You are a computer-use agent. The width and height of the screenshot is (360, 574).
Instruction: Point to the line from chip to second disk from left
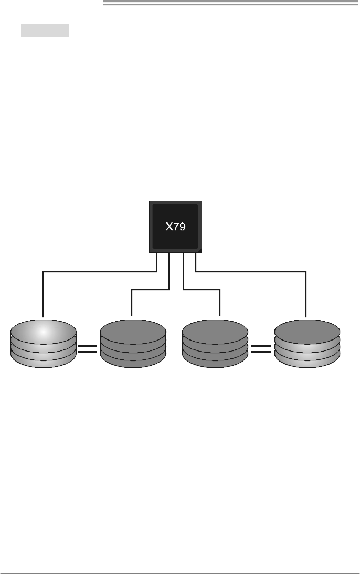[150, 288]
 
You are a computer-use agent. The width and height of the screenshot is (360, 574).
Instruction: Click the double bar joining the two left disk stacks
[88, 349]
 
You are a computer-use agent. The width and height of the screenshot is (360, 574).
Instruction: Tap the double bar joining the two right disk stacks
[262, 349]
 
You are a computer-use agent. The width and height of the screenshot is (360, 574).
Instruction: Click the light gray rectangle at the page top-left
[45, 30]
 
